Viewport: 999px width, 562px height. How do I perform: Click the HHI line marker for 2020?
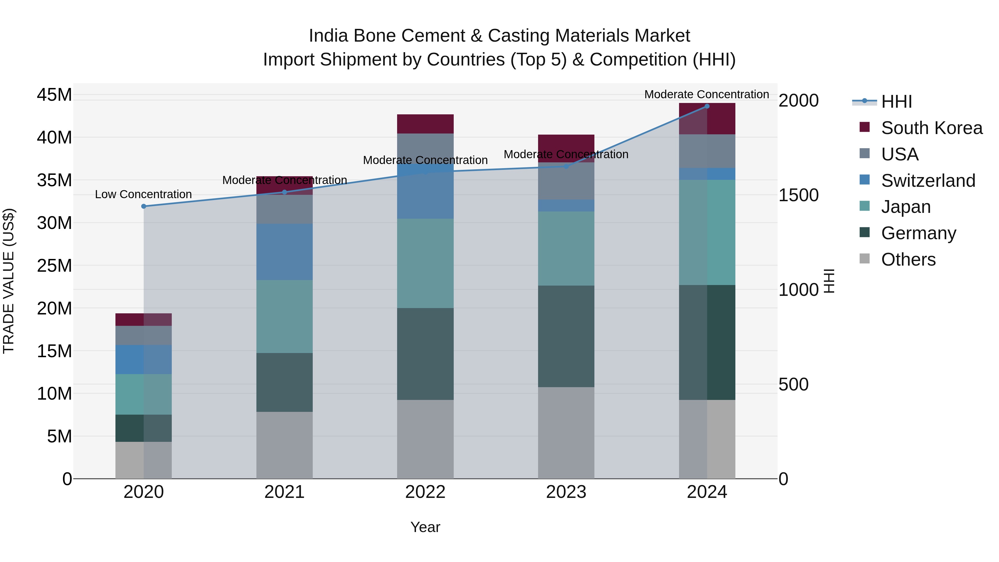(143, 206)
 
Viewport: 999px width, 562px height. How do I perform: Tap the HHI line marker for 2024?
(707, 106)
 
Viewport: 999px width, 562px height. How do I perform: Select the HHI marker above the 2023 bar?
(566, 167)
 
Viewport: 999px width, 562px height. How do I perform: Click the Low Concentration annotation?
(143, 194)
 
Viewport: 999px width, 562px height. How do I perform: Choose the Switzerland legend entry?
(928, 181)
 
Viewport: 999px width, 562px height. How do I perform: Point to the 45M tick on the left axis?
(54, 95)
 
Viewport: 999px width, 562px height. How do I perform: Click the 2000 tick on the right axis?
(798, 101)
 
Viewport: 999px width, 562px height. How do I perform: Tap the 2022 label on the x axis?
(425, 492)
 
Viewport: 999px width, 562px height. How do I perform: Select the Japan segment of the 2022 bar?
(425, 263)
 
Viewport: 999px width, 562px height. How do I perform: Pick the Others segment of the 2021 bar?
(284, 445)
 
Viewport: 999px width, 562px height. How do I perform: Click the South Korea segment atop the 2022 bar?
(425, 124)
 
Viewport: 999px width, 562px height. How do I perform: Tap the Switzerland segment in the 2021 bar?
(284, 252)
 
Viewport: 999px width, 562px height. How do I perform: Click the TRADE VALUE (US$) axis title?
(9, 281)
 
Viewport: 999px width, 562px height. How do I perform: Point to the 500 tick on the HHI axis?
(793, 384)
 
